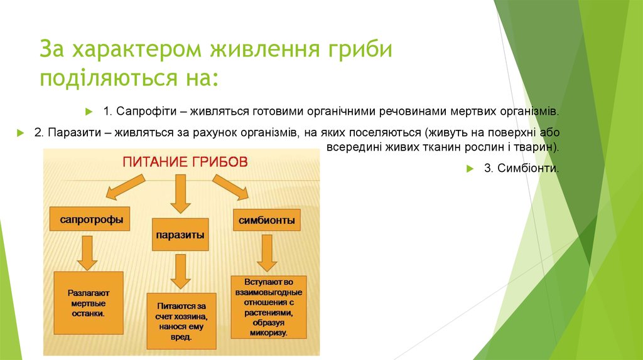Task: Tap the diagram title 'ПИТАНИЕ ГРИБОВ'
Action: click(185, 162)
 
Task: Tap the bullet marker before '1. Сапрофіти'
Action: click(89, 111)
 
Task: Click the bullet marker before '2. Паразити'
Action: click(21, 133)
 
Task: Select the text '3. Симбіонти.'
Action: click(521, 168)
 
